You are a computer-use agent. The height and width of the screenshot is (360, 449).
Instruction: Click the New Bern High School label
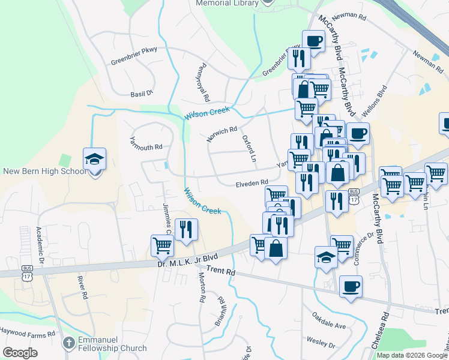point(45,172)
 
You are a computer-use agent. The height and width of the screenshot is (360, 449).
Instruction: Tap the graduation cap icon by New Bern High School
point(94,160)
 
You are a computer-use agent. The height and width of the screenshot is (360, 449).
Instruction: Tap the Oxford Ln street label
point(249,149)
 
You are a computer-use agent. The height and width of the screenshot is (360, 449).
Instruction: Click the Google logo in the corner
point(20,353)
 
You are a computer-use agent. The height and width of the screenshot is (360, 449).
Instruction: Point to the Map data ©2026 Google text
point(412,355)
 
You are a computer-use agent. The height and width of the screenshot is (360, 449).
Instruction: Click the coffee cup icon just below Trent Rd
point(351,287)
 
